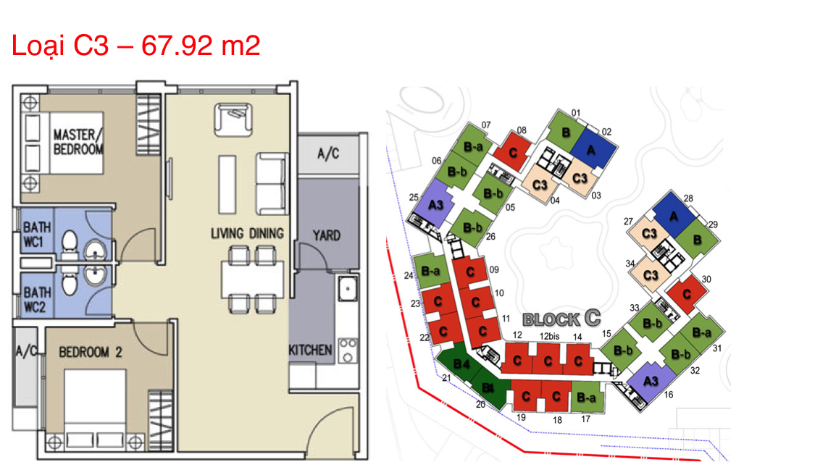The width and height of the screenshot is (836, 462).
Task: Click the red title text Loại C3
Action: pyautogui.click(x=59, y=46)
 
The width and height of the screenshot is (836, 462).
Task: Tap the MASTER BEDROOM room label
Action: pyautogui.click(x=78, y=142)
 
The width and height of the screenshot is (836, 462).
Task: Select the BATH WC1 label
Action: pyautogui.click(x=37, y=235)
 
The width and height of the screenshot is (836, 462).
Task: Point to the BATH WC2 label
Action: pyautogui.click(x=37, y=300)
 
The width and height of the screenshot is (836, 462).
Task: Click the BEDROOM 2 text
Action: pyautogui.click(x=90, y=352)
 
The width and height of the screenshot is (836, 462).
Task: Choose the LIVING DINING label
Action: pyautogui.click(x=247, y=233)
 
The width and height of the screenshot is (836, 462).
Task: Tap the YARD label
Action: pyautogui.click(x=326, y=235)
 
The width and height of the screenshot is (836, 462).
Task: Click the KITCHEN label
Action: pyautogui.click(x=310, y=350)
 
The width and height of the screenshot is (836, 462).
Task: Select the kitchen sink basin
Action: pyautogui.click(x=347, y=289)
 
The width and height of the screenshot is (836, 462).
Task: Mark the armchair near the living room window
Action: pyautogui.click(x=233, y=119)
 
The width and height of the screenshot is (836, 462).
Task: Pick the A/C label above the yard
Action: pyautogui.click(x=328, y=154)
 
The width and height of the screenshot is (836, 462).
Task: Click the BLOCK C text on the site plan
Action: pyautogui.click(x=561, y=319)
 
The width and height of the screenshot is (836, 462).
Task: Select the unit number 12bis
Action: pyautogui.click(x=548, y=336)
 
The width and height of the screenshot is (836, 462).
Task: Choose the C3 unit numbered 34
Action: pyautogui.click(x=651, y=274)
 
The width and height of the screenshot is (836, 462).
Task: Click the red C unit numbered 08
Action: pyautogui.click(x=512, y=152)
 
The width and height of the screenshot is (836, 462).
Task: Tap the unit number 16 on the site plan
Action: pyautogui.click(x=668, y=395)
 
